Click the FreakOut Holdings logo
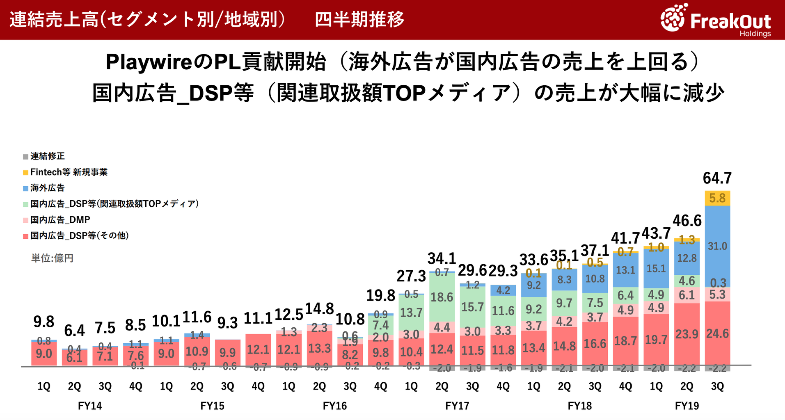(716, 19)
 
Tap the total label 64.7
(717, 178)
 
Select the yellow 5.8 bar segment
(717, 198)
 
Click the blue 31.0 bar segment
(717, 246)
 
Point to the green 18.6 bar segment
(442, 297)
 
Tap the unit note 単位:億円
(52, 258)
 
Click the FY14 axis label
(90, 406)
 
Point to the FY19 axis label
(687, 406)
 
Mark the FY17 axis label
(457, 406)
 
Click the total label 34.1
(442, 258)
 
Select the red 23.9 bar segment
(687, 334)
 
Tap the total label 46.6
(687, 221)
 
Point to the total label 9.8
(44, 322)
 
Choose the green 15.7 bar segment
(472, 307)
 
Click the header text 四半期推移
(359, 19)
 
